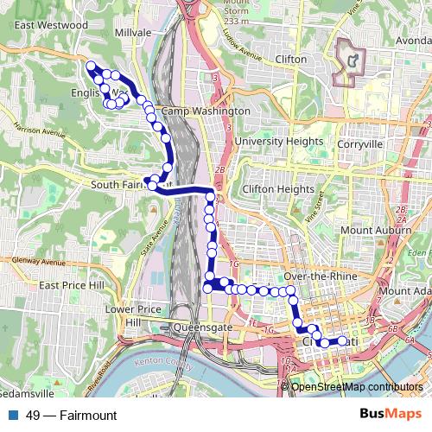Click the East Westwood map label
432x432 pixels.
click(x=51, y=25)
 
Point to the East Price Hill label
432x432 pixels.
click(x=71, y=285)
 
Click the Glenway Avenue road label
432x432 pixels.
click(x=39, y=260)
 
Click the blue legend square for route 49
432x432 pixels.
click(x=14, y=416)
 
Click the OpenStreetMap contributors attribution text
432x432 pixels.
click(x=357, y=387)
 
